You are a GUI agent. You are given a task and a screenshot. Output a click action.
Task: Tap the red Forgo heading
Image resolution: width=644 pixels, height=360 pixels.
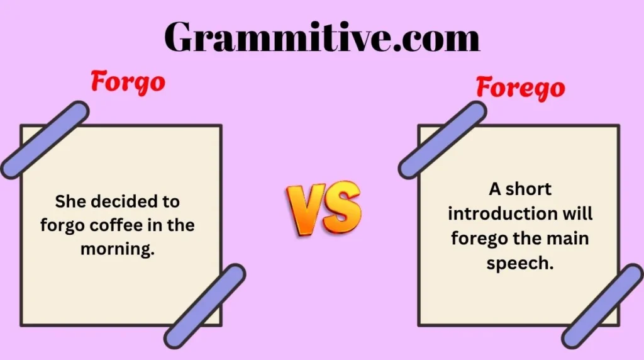[128, 82]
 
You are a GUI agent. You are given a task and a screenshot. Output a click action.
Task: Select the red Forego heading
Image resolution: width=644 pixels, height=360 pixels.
[520, 87]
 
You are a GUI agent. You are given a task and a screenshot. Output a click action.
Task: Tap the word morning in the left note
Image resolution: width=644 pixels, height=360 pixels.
[118, 249]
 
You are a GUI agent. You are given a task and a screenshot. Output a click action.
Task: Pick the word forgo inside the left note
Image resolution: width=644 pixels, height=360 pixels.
[59, 225]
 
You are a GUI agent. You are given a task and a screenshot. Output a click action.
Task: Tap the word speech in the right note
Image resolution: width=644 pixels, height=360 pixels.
[520, 263]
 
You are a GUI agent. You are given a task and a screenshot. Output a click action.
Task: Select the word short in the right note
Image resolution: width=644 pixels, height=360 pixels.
[529, 188]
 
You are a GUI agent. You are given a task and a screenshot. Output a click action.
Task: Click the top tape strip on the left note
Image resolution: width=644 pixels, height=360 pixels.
[45, 139]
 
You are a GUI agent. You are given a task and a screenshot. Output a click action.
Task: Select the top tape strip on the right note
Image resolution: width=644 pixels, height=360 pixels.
[443, 140]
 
